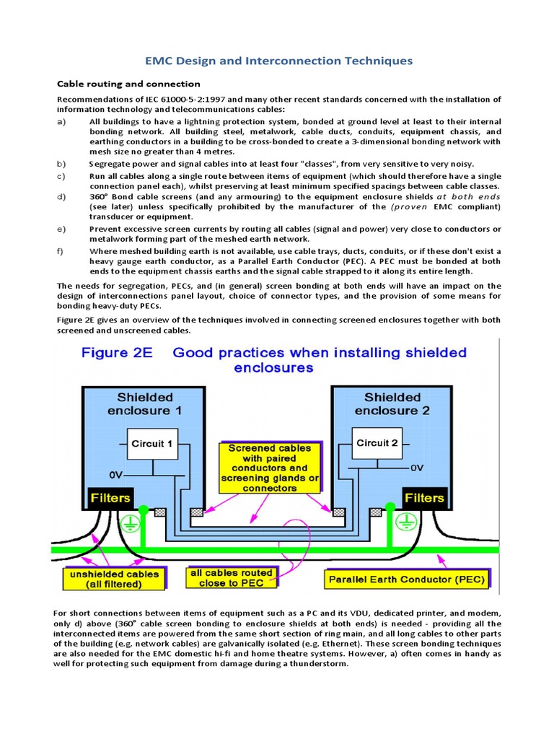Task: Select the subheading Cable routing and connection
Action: point(128,84)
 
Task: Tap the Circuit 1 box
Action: point(151,445)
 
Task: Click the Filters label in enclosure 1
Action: point(110,498)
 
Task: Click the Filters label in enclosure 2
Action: point(424,498)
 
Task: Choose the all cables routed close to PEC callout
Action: point(231,577)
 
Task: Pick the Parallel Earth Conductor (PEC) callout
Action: point(407,580)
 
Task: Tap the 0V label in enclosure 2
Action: point(418,468)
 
